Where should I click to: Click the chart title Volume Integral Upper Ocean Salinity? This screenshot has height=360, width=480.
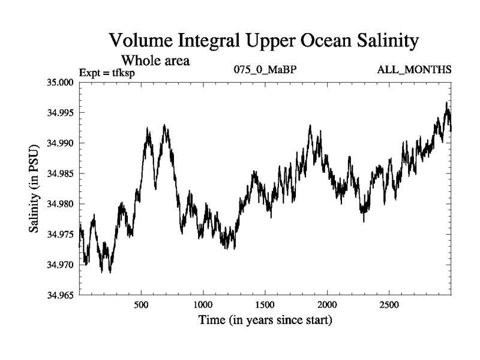coord(263,41)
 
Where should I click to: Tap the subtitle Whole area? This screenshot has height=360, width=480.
coord(156,60)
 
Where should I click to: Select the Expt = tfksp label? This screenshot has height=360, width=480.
coord(107,73)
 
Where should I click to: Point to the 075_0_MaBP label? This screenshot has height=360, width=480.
coord(265,70)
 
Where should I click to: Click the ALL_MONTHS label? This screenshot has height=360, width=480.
coord(414,70)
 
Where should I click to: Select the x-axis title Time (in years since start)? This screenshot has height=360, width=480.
coord(265,320)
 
